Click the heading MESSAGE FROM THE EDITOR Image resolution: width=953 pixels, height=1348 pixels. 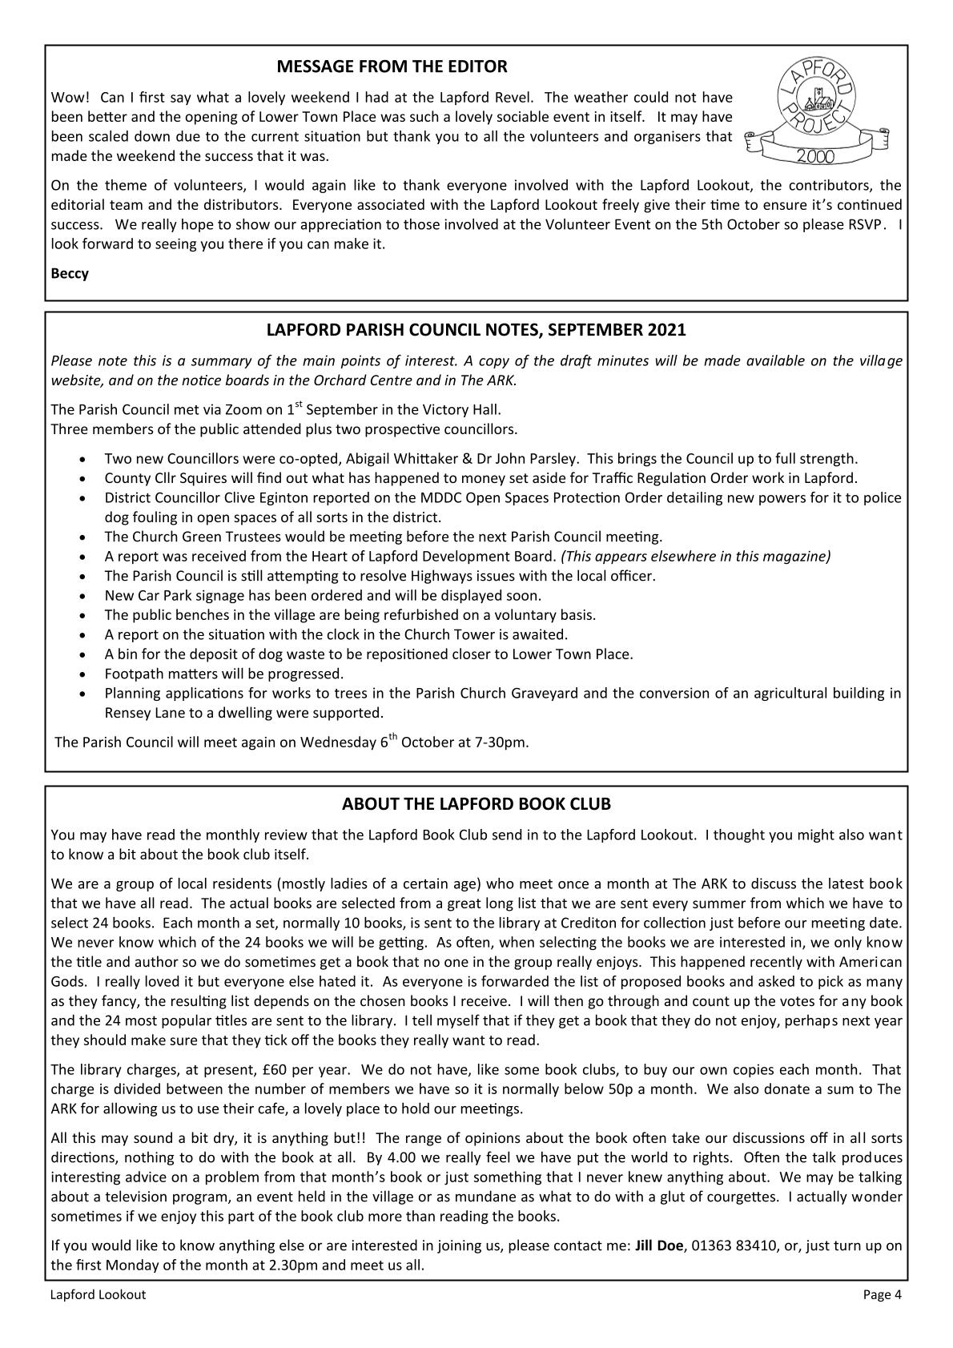coord(392,66)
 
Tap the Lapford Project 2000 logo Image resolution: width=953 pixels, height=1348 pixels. coord(818,111)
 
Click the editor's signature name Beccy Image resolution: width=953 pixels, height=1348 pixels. coord(70,273)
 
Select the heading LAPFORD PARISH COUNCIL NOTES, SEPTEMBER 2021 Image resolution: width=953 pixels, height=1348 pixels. coord(476,329)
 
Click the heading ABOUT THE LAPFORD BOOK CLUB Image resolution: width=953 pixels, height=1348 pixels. coord(476,803)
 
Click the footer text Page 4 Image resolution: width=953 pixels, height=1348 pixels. coord(882,1294)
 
